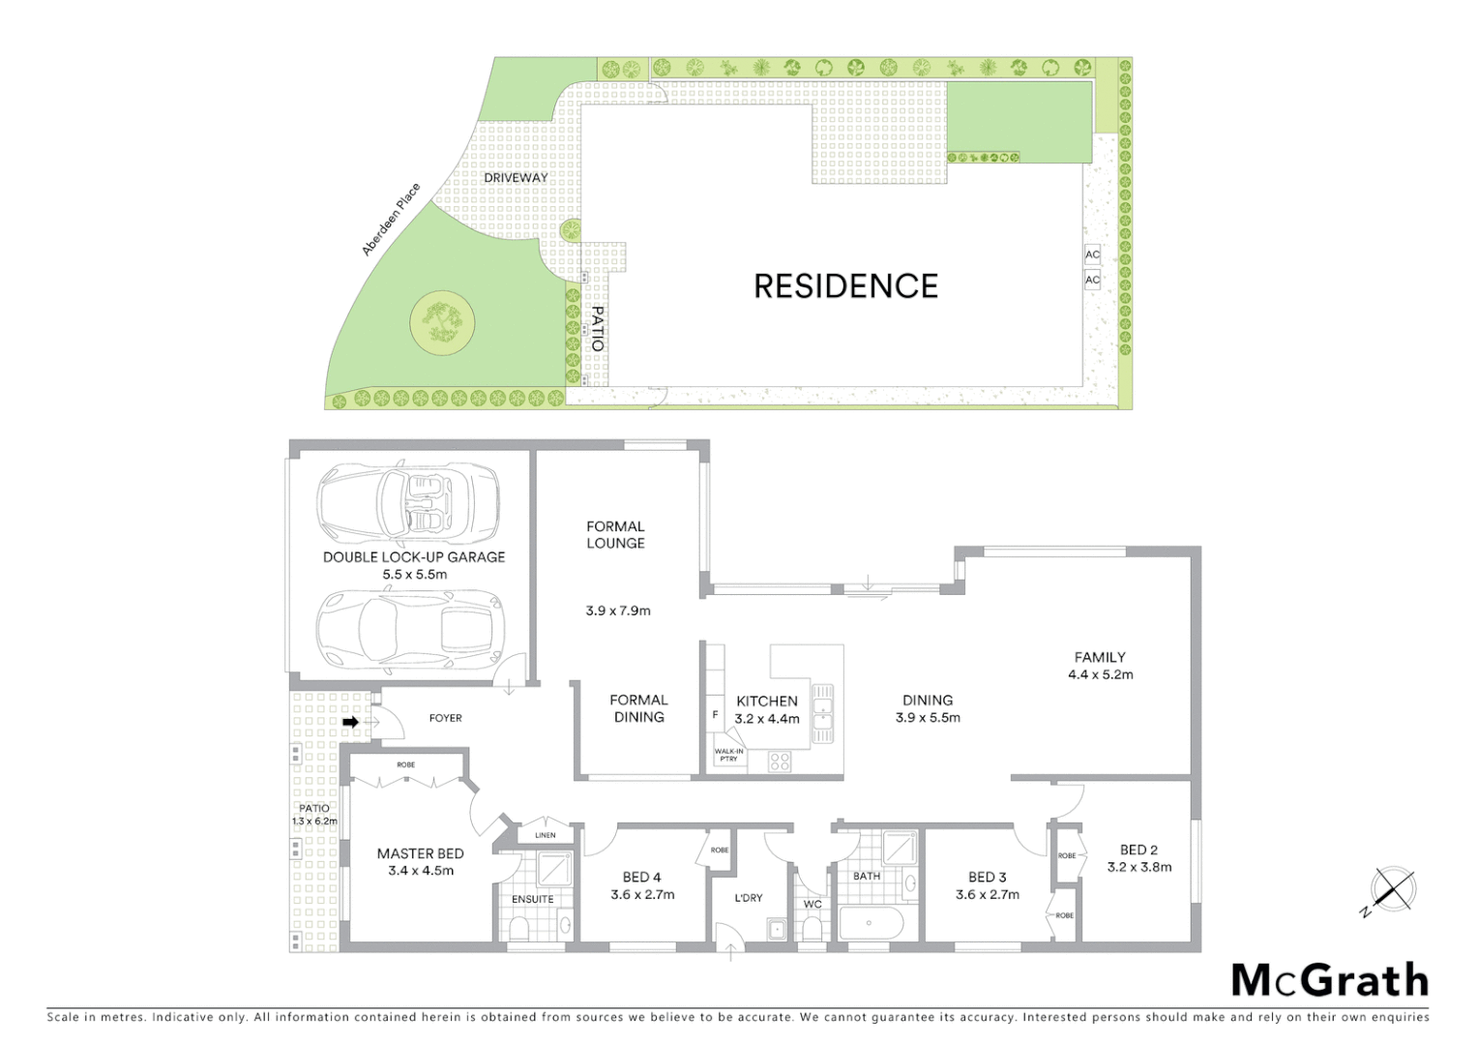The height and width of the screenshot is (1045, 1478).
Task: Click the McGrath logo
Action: pyautogui.click(x=1330, y=980)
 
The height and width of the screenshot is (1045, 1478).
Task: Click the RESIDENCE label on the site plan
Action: pyautogui.click(x=845, y=286)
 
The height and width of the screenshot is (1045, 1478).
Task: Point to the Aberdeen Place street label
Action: pyautogui.click(x=391, y=220)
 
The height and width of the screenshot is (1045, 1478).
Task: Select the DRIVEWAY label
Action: pyautogui.click(x=516, y=178)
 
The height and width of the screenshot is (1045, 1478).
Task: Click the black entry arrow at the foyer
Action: pyautogui.click(x=351, y=722)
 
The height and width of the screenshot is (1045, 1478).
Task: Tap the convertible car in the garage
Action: pyautogui.click(x=408, y=500)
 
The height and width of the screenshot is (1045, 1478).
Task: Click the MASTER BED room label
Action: pyautogui.click(x=420, y=853)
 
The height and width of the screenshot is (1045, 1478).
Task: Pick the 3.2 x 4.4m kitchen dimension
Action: pyautogui.click(x=767, y=719)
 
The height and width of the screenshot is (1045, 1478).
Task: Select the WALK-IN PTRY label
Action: pyautogui.click(x=728, y=755)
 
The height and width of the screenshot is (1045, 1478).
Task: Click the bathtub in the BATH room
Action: pyautogui.click(x=871, y=923)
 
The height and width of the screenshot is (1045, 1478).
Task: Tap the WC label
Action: pyautogui.click(x=813, y=905)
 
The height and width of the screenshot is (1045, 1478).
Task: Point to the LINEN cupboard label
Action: pyautogui.click(x=546, y=835)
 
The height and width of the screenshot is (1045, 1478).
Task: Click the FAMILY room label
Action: pyautogui.click(x=1100, y=657)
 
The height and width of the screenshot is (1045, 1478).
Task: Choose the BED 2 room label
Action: pyautogui.click(x=1138, y=850)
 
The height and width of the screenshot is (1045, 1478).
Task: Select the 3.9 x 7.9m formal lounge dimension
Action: pyautogui.click(x=618, y=611)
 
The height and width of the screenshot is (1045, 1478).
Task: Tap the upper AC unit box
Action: pyautogui.click(x=1092, y=254)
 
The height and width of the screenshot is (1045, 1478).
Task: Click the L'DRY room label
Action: pyautogui.click(x=749, y=898)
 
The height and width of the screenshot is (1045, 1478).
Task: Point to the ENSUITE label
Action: pyautogui.click(x=533, y=899)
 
